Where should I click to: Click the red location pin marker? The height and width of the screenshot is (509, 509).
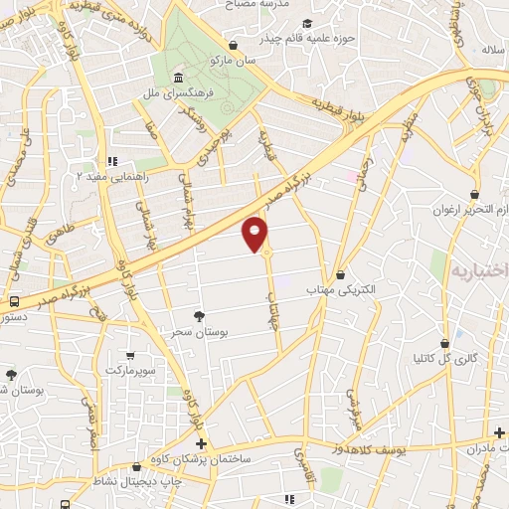click(255, 233)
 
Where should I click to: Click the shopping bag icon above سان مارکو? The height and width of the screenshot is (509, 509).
click(233, 45)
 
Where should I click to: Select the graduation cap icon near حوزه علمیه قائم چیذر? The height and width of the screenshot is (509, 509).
click(307, 23)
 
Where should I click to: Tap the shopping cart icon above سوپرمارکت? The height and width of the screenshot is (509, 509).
click(130, 355)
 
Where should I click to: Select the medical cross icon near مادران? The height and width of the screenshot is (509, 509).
click(500, 432)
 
